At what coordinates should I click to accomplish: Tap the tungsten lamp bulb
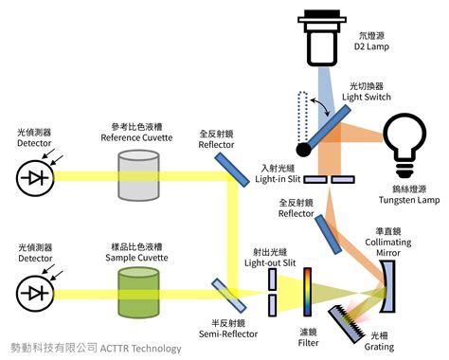click(x=405, y=139)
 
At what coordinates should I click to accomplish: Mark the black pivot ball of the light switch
click(x=303, y=148)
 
